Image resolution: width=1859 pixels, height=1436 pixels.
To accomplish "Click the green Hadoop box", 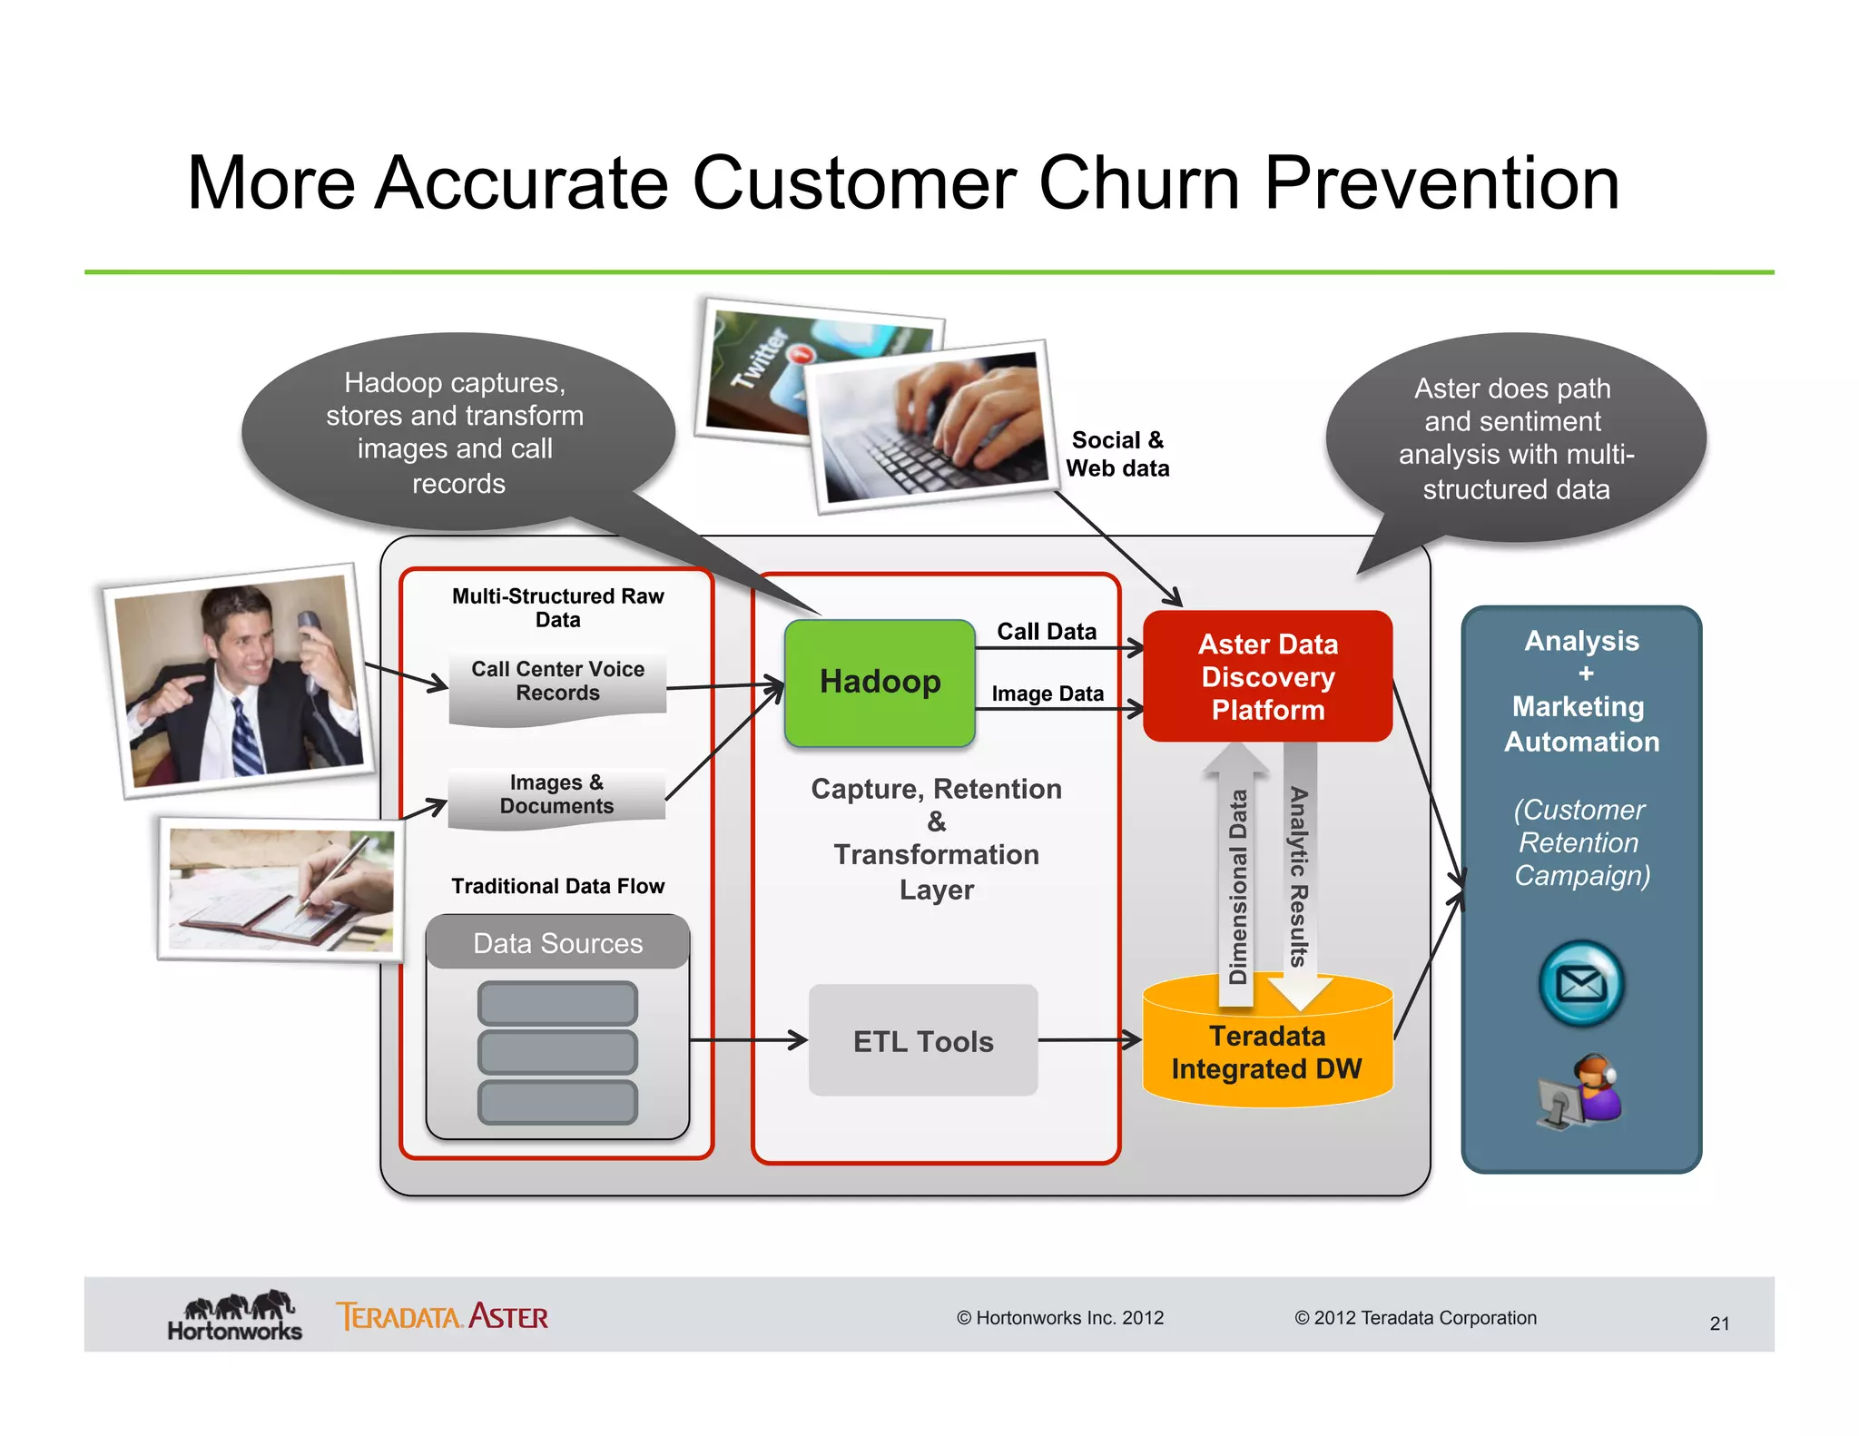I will (x=879, y=683).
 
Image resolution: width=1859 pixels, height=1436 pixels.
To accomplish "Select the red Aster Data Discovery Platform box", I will (x=1267, y=676).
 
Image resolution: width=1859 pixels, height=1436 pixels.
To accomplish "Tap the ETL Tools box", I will (x=922, y=1040).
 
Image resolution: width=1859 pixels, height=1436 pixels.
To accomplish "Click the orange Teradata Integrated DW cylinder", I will (x=1266, y=1053).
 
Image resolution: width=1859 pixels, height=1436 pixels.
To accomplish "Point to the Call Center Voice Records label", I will (x=557, y=681).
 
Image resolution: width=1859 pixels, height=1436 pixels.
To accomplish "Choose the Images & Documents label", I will (x=556, y=794).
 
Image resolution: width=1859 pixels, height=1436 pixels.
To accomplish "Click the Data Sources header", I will (x=557, y=943).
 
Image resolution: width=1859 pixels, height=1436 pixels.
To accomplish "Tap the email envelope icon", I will (x=1580, y=983).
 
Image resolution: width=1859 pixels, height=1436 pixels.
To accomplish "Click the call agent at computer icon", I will (x=1580, y=1092).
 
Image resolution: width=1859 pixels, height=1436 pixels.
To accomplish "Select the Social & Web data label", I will (x=1117, y=454).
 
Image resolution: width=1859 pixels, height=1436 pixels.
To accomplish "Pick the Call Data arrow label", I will (x=1047, y=631).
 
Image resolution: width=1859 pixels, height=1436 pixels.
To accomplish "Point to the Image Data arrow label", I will (x=1048, y=693).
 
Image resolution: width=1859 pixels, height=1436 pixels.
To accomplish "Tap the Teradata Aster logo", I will (x=442, y=1316).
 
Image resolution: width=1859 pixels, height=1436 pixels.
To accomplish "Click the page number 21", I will (x=1719, y=1323).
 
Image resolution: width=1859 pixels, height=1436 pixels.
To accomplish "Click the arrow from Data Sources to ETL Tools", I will (x=749, y=1040).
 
